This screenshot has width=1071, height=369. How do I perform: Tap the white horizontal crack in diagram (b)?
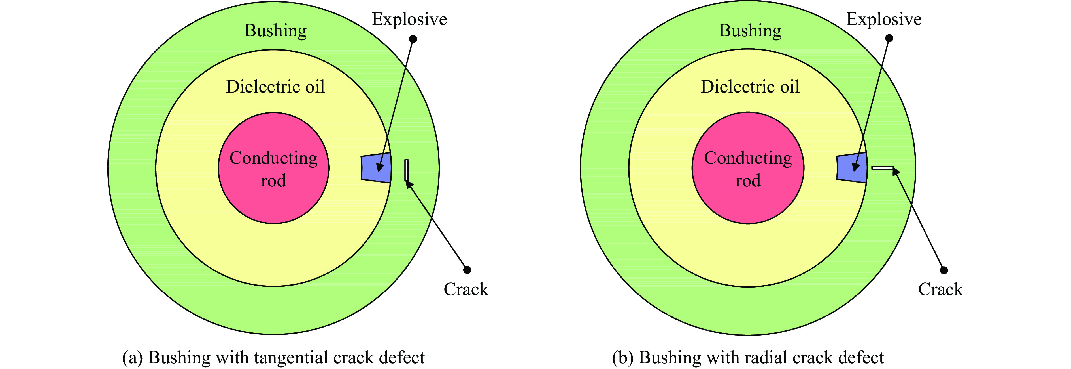tap(882, 168)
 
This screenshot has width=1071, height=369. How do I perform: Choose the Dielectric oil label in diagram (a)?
tap(275, 87)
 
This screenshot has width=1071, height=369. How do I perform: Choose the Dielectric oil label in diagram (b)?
tap(750, 87)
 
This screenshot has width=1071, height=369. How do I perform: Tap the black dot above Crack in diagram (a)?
tap(467, 270)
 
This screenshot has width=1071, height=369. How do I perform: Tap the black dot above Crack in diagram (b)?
tap(944, 270)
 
